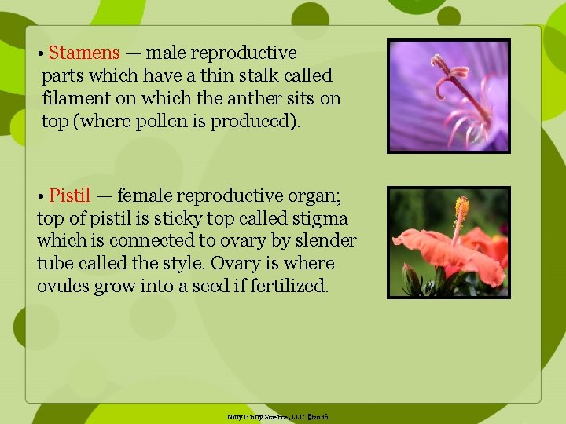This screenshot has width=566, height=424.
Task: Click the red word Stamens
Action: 83,53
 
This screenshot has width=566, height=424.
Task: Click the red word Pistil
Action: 70,195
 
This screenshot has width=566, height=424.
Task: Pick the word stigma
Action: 320,217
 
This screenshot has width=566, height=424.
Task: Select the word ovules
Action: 63,286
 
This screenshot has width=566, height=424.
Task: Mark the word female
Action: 146,195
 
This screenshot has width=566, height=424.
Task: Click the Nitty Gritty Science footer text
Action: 277,416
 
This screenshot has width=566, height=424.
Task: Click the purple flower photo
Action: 449,96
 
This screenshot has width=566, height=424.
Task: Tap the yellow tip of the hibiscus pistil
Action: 461,208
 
